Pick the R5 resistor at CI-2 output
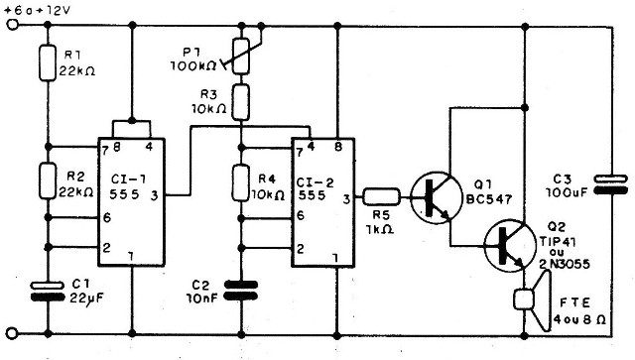tap(382, 197)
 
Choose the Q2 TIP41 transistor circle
tap(509, 244)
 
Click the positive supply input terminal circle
tap(11, 27)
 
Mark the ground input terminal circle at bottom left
tap(11, 333)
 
